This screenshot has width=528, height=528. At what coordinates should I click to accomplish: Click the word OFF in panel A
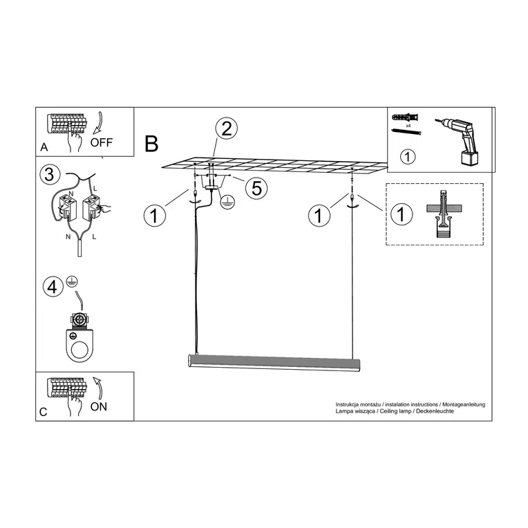click(102, 142)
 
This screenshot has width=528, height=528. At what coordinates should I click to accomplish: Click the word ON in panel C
click(99, 407)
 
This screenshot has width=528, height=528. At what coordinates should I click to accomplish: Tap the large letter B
click(151, 144)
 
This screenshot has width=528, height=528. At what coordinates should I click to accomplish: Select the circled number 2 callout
click(227, 129)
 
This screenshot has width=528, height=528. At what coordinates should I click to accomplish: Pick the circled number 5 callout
click(256, 187)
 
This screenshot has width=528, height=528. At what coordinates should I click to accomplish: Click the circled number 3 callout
click(50, 175)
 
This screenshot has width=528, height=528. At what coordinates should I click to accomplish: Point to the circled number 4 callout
click(53, 287)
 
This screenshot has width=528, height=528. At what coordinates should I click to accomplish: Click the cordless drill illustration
click(458, 142)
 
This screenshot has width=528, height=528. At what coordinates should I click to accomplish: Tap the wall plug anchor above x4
click(406, 118)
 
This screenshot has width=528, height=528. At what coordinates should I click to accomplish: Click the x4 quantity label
click(408, 126)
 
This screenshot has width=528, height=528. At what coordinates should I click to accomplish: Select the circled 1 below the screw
click(408, 157)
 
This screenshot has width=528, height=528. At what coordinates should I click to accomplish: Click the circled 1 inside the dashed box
click(401, 214)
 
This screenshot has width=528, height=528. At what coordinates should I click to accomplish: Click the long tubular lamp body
click(274, 363)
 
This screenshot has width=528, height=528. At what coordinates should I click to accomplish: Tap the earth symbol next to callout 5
click(228, 201)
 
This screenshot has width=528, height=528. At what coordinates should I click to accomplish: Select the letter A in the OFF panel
click(44, 147)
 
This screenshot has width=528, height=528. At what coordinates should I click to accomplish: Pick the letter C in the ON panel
click(44, 412)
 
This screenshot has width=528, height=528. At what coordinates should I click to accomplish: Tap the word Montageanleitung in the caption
click(464, 404)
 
